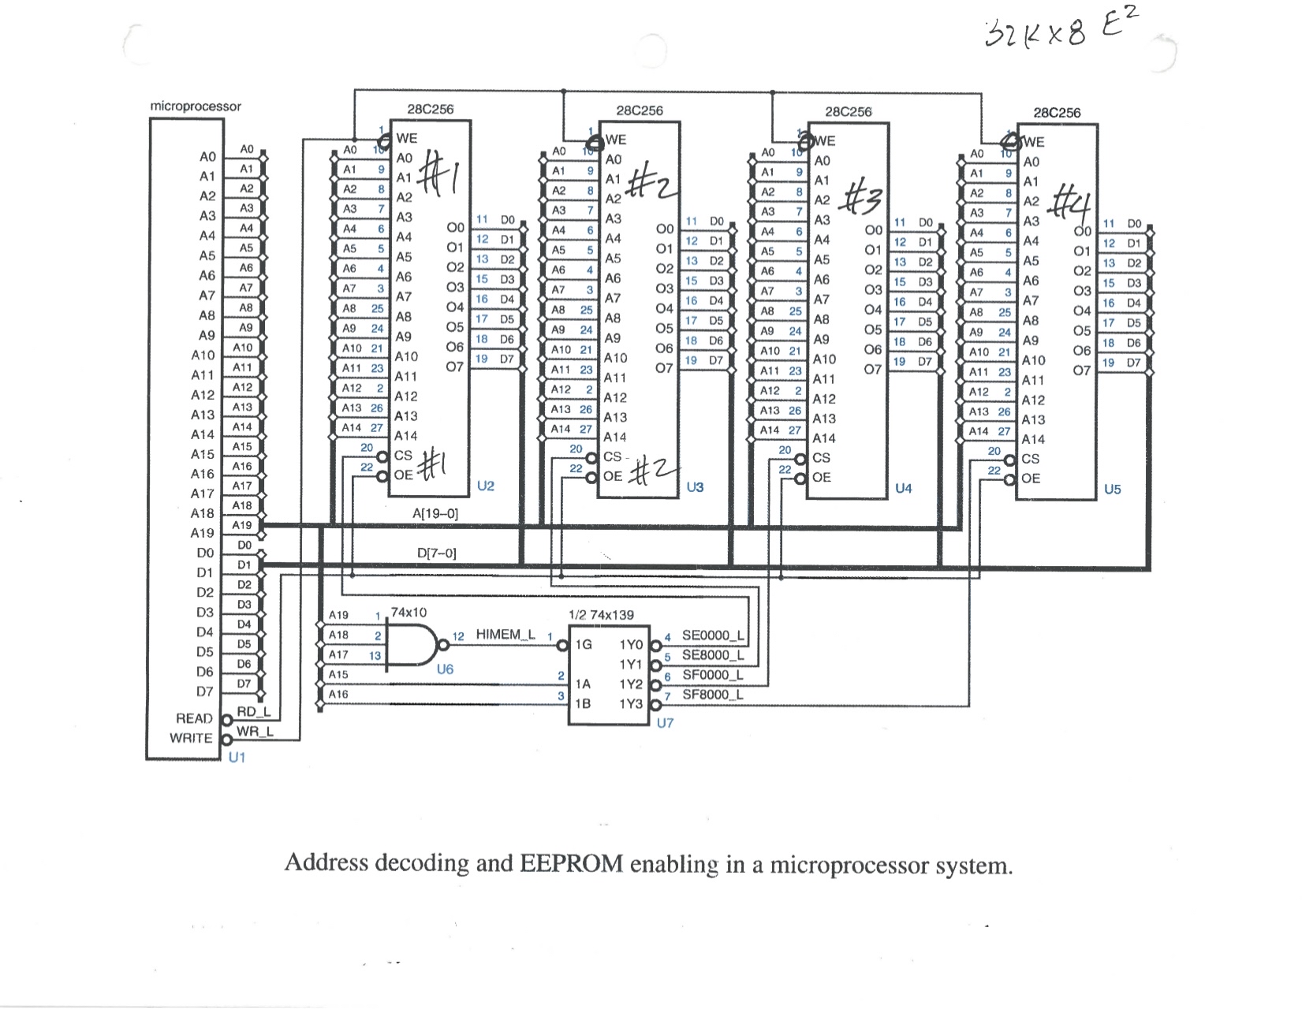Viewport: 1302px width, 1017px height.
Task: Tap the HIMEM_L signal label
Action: [506, 635]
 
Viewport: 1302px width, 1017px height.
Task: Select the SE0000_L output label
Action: [713, 635]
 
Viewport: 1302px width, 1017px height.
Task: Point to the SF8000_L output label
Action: [713, 695]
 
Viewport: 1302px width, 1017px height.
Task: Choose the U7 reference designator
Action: [665, 722]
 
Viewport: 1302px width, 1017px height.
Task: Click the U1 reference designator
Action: [237, 758]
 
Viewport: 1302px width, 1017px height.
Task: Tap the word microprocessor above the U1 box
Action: [196, 106]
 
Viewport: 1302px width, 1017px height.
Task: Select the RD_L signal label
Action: [254, 712]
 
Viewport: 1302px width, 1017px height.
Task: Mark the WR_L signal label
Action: [254, 732]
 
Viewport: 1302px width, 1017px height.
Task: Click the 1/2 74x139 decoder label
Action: [601, 614]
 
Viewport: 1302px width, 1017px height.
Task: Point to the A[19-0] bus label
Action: [435, 513]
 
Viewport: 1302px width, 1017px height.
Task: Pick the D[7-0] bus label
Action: [436, 553]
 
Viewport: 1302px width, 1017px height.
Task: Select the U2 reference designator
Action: [486, 486]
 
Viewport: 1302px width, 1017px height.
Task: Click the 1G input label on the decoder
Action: [584, 644]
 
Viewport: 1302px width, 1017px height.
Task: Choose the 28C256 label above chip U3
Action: [640, 111]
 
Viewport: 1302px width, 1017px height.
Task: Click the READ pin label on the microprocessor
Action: [194, 718]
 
